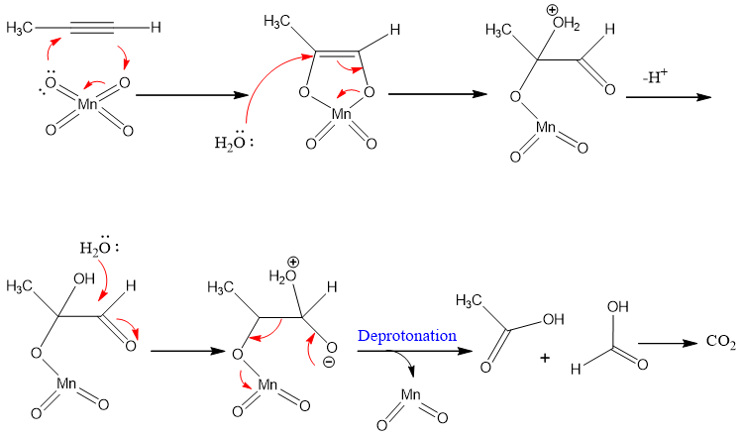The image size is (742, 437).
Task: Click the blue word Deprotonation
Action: click(408, 336)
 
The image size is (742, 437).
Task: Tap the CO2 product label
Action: click(720, 342)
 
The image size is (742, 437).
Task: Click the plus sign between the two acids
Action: click(545, 356)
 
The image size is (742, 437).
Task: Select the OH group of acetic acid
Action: click(553, 319)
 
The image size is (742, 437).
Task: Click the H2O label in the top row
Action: click(231, 143)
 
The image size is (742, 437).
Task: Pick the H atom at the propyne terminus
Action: click(156, 29)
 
